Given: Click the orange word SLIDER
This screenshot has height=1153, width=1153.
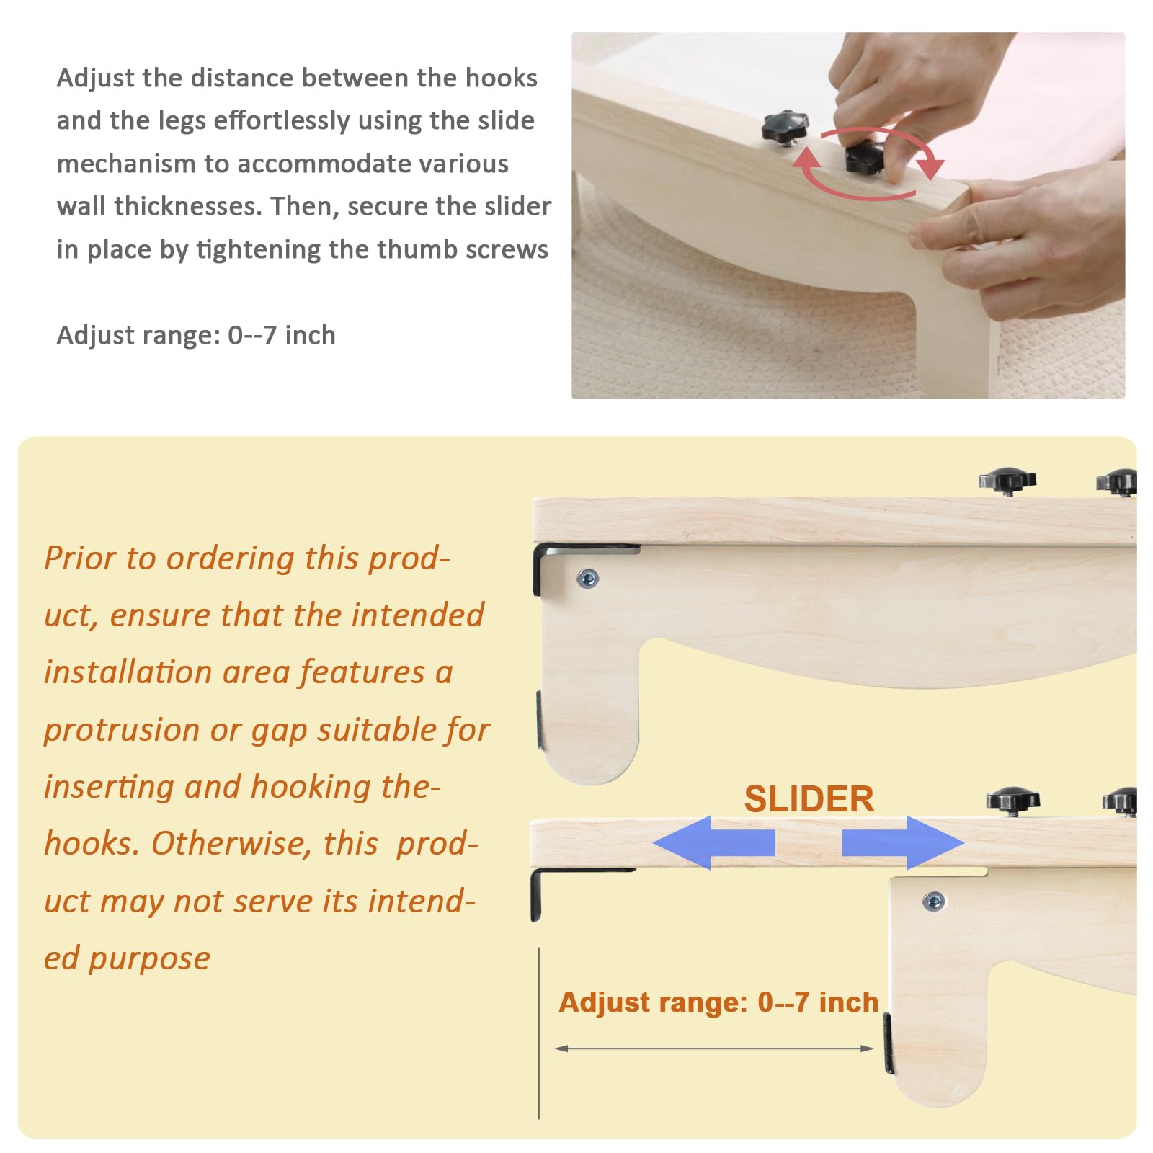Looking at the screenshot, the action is coord(809,799).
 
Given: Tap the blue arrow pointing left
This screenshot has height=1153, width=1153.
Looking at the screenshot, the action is coord(713,842).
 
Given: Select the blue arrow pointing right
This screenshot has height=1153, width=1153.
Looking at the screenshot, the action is coord(903,842).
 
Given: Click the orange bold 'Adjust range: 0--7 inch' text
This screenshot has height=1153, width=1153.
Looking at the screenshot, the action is coord(718,1002).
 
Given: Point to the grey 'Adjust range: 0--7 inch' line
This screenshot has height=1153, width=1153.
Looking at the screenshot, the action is coord(196,335).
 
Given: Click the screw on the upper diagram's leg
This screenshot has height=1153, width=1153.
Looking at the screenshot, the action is coord(588,578).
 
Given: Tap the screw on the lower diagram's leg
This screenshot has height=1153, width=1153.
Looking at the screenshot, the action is coord(934,901).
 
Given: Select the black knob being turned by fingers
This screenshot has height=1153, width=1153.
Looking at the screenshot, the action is coord(864,156).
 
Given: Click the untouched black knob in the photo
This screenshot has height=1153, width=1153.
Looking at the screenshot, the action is coord(784,128).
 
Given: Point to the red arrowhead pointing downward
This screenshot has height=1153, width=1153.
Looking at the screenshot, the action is coord(930,166).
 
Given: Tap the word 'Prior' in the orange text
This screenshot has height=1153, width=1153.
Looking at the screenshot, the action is coord(79,558).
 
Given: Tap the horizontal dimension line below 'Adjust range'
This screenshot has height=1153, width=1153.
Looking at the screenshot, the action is coord(714,1049).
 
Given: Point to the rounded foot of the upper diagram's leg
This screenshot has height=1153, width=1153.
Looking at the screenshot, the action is coord(590,757).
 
